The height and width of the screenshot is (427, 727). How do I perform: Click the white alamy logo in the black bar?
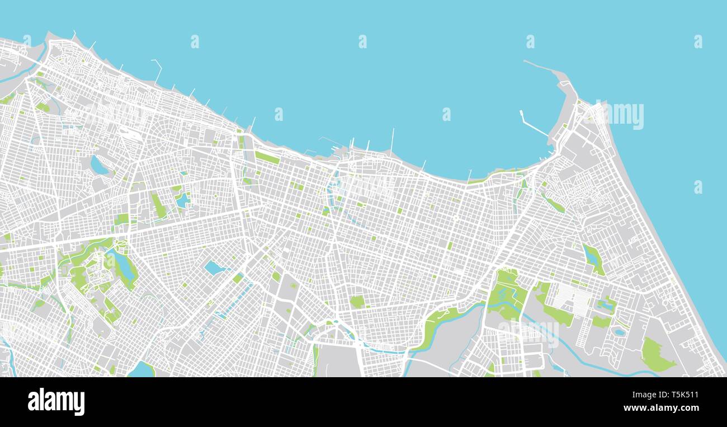pyautogui.click(x=56, y=402)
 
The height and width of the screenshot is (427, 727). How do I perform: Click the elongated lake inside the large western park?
pyautogui.click(x=124, y=265)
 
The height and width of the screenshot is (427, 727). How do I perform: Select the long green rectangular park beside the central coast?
pyautogui.click(x=267, y=157)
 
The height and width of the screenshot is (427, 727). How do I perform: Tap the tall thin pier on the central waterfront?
pyautogui.click(x=392, y=140)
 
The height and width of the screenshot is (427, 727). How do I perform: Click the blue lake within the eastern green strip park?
pyautogui.click(x=591, y=256)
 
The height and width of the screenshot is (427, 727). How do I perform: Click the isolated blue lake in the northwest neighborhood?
pyautogui.click(x=99, y=166)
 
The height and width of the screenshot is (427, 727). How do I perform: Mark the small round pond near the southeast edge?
pyautogui.click(x=619, y=332)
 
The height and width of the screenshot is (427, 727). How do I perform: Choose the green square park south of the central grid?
pyautogui.click(x=357, y=302)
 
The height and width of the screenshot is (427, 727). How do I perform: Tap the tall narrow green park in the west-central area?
pyautogui.click(x=159, y=205)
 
